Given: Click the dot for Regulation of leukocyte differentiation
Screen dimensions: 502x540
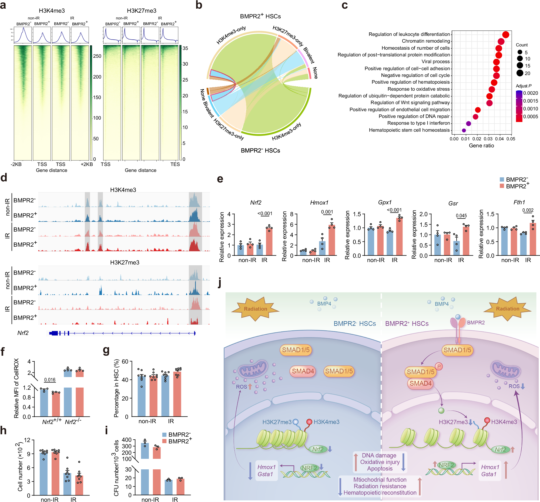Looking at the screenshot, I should point(505,35).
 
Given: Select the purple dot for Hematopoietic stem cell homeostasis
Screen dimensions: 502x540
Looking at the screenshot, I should point(464,131).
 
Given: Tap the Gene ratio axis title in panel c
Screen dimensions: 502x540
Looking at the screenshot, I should point(481,146).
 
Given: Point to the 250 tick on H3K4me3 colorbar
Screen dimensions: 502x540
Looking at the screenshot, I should point(97,56).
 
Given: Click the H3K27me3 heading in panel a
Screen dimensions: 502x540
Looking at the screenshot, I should point(142,11).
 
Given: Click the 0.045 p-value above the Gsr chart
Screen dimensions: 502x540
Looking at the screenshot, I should point(461,216).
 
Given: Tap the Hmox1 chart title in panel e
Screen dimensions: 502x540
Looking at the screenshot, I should point(319,203).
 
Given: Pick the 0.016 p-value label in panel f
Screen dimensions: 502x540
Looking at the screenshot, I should point(50,380).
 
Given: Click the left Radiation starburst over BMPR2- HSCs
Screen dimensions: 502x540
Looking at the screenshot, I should point(255,309).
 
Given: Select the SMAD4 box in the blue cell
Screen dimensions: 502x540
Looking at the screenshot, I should point(303,371).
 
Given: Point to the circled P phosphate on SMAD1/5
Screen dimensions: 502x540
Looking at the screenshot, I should point(439,367).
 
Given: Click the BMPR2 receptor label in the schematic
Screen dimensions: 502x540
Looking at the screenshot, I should point(476,323).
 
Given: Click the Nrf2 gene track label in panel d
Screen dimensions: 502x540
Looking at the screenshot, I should point(23,333).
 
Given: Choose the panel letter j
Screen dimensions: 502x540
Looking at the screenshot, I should point(219,283).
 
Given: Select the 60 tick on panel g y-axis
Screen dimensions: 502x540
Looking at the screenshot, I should point(125,362).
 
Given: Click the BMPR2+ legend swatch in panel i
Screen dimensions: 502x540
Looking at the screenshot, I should point(164,442).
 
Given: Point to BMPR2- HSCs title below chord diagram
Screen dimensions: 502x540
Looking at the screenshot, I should point(260,151).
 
